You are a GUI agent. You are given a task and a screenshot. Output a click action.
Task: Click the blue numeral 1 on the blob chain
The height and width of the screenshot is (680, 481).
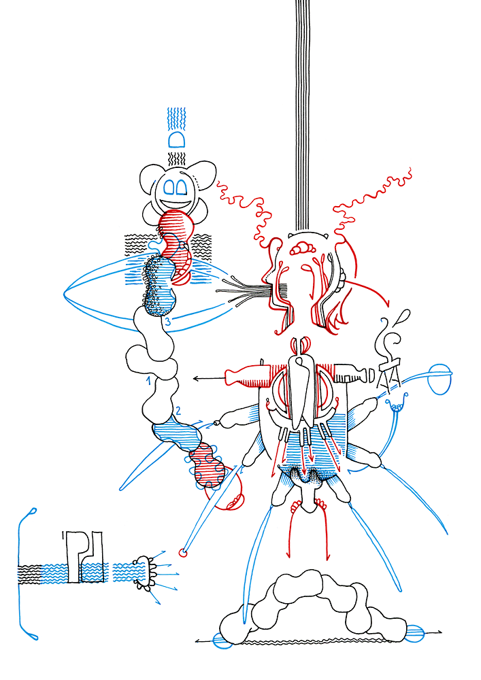pyautogui.click(x=149, y=381)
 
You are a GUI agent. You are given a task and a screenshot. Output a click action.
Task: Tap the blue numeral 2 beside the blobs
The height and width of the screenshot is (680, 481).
pyautogui.click(x=178, y=410)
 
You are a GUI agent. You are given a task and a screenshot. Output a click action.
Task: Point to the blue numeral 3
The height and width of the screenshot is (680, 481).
pyautogui.click(x=168, y=322)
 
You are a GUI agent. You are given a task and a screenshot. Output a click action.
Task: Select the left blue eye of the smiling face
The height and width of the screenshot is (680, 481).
pyautogui.click(x=169, y=187)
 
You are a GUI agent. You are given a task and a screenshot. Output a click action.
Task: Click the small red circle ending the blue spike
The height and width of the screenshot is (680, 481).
pyautogui.click(x=182, y=552)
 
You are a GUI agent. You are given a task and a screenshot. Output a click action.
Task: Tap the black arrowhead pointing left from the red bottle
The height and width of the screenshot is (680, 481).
pyautogui.click(x=196, y=379)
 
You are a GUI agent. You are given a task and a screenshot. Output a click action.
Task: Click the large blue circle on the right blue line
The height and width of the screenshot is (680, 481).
pyautogui.click(x=439, y=379)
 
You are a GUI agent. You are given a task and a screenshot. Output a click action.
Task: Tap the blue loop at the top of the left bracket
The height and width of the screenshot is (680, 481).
pyautogui.click(x=33, y=513)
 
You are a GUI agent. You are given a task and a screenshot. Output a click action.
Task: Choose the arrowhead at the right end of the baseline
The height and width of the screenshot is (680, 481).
pyautogui.click(x=439, y=632)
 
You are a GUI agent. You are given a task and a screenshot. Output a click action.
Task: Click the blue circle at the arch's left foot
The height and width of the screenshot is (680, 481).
pyautogui.click(x=223, y=641)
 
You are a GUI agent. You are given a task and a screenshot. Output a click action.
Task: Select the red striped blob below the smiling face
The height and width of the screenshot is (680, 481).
pyautogui.click(x=176, y=228)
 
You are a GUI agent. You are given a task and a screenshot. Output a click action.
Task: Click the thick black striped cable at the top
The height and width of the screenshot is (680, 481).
pyautogui.click(x=302, y=115)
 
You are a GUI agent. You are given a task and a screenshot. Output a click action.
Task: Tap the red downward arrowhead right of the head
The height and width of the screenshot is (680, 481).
pyautogui.click(x=386, y=303)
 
